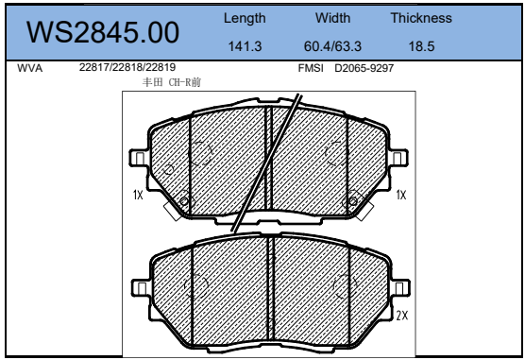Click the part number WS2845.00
click(x=103, y=32)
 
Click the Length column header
click(x=245, y=19)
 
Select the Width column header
click(x=332, y=18)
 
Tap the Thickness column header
click(x=421, y=18)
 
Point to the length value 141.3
click(x=245, y=46)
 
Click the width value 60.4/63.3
click(x=332, y=46)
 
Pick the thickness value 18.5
click(x=421, y=46)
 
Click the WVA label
click(x=30, y=68)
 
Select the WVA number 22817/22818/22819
click(x=127, y=67)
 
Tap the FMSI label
click(x=311, y=68)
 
